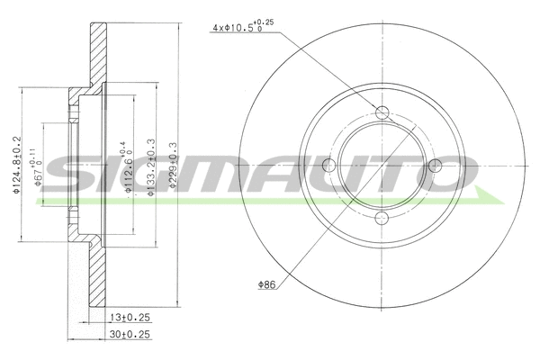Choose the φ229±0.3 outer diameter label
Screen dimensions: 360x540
point(173,167)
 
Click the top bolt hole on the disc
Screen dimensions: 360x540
point(382,112)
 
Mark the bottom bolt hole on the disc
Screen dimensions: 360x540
point(382,217)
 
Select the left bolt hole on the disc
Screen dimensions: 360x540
point(329,165)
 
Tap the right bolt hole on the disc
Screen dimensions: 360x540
point(435,165)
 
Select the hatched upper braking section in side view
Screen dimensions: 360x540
point(97,54)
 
